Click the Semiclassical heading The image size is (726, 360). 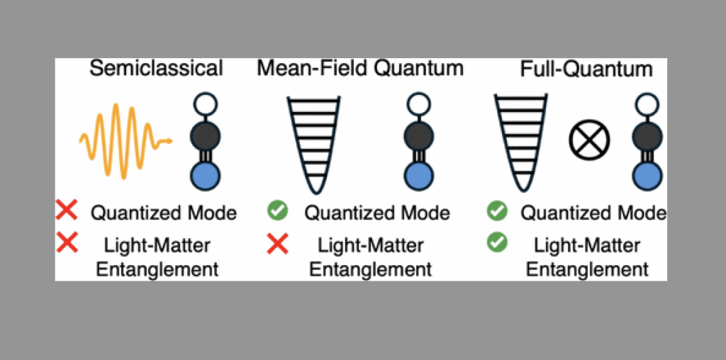[x=157, y=68]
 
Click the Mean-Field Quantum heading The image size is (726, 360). [x=360, y=68]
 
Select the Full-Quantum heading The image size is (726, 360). [x=586, y=69]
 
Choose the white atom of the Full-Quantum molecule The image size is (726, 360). [x=647, y=106]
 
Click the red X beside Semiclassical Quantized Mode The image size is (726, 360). [x=67, y=210]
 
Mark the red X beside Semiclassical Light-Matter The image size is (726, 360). [x=67, y=243]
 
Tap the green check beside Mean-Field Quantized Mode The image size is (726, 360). [x=277, y=210]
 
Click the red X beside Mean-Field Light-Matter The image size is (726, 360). [x=277, y=244]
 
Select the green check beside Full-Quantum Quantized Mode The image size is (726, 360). [x=497, y=210]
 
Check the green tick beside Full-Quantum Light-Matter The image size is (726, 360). [x=497, y=243]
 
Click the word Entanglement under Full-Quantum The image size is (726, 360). [x=587, y=269]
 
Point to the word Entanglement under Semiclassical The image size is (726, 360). [x=157, y=269]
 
